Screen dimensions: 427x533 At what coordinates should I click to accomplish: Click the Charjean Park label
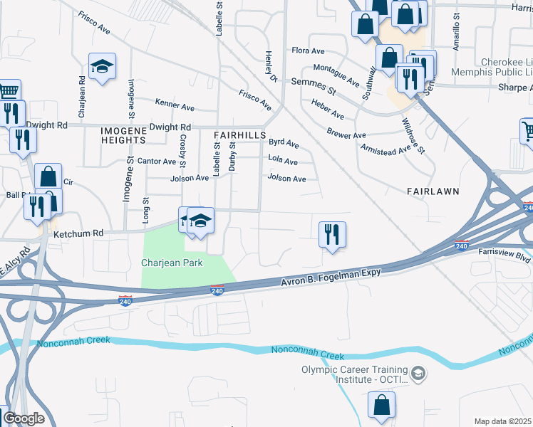[x=172, y=263]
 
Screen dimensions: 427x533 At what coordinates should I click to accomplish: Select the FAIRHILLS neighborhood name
[x=239, y=135]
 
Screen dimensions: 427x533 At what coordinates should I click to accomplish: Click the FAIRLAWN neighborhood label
[x=432, y=192]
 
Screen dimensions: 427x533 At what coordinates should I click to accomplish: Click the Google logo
[x=23, y=418]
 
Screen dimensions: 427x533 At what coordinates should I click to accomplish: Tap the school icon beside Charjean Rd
[x=103, y=67]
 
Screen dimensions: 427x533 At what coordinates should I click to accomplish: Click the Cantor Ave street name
[x=155, y=161]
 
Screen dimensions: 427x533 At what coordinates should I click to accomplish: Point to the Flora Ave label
[x=308, y=51]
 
